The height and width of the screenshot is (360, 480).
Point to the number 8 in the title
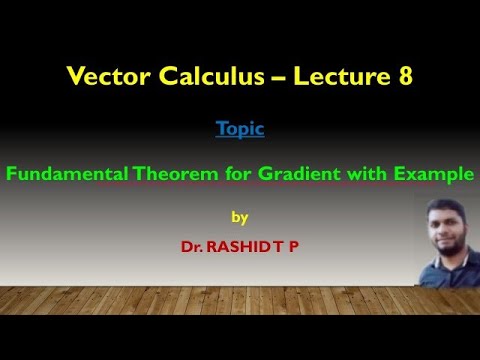coord(403,76)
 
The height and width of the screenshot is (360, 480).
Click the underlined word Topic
coord(240,130)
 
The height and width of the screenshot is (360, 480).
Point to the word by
coord(239,216)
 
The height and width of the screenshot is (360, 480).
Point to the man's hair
coord(446,205)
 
